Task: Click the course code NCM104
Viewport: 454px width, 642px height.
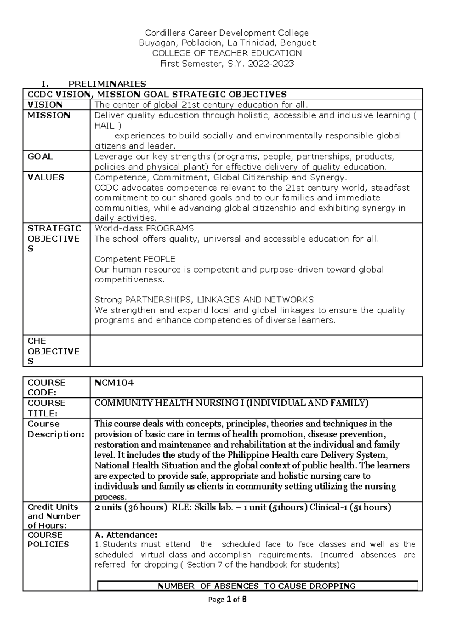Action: coord(114,383)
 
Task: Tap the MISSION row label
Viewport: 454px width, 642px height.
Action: coord(49,115)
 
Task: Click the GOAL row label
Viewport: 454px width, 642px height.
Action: coord(40,157)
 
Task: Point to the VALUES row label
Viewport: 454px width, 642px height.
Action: coord(46,177)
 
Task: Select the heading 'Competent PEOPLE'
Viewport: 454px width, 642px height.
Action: coord(135,259)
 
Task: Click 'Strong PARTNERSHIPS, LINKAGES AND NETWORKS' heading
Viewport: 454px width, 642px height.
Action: coord(204,300)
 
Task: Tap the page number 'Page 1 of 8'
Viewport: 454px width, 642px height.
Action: coord(227,599)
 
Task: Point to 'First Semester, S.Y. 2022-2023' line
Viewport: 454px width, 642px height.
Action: coord(227,64)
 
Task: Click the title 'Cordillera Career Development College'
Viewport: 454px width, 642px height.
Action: coord(227,33)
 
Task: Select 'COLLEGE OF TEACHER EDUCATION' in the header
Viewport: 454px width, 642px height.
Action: coord(227,53)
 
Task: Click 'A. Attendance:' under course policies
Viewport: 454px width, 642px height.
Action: coord(126,535)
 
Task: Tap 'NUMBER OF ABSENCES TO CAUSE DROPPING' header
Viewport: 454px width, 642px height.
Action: coord(257,586)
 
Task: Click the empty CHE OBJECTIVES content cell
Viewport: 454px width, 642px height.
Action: coord(256,351)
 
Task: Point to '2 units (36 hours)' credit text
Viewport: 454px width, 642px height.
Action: coord(131,507)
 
